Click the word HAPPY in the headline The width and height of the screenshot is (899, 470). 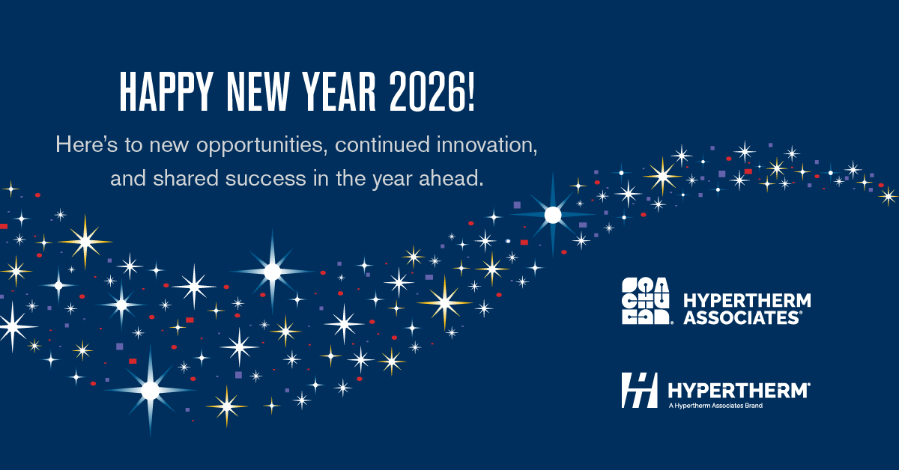(x=166, y=92)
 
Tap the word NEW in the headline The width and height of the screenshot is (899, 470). (x=258, y=92)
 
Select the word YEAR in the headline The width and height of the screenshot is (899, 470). (x=339, y=92)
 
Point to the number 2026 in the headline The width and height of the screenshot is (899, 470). (x=426, y=92)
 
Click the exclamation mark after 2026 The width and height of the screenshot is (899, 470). (x=470, y=92)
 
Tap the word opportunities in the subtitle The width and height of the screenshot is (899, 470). (x=260, y=146)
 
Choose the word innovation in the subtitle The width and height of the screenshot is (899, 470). (x=487, y=144)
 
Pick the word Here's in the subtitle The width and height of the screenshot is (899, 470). (x=87, y=144)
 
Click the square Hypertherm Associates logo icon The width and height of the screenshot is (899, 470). (x=645, y=301)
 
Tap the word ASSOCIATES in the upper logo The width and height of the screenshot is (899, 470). (x=742, y=318)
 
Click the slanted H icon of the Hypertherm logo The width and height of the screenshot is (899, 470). (x=639, y=390)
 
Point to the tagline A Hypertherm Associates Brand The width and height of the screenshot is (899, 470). (x=715, y=406)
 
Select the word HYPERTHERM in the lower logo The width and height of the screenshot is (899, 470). (x=739, y=390)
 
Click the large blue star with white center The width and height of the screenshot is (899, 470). (x=553, y=216)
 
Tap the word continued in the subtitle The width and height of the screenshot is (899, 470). (x=383, y=144)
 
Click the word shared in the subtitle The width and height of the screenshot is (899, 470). (x=185, y=178)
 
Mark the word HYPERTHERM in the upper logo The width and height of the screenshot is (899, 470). (x=747, y=301)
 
